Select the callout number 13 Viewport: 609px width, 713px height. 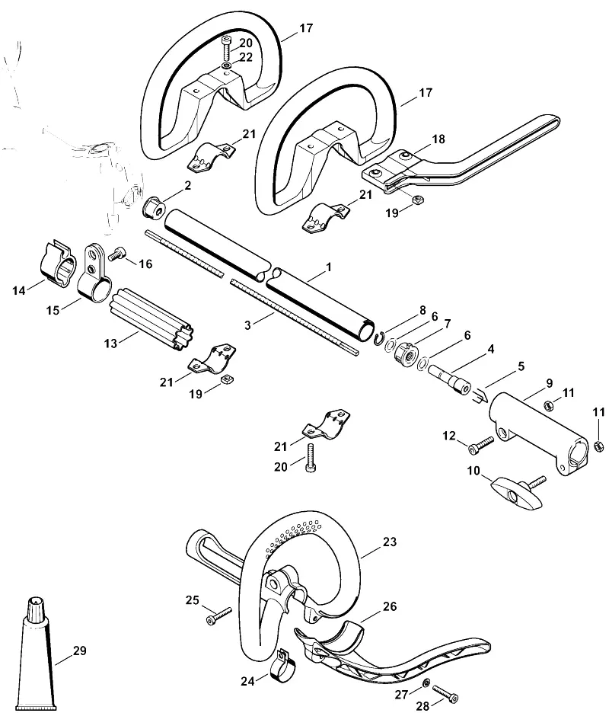(110, 344)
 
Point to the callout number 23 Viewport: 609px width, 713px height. (390, 542)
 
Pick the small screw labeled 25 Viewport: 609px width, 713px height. (218, 615)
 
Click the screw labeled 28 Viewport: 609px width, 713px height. (445, 692)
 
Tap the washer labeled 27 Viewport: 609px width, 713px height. (426, 683)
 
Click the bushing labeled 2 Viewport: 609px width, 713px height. (154, 207)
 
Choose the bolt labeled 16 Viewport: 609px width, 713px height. (117, 253)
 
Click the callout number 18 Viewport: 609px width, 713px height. (438, 139)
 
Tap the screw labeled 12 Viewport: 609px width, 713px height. (481, 445)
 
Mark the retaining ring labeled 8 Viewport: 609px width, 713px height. (380, 338)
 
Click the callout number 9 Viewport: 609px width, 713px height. (550, 383)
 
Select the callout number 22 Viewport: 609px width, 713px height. (246, 57)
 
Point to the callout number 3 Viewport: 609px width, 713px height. (247, 325)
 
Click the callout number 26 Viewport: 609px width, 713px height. (390, 606)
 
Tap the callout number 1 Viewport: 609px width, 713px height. (329, 267)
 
